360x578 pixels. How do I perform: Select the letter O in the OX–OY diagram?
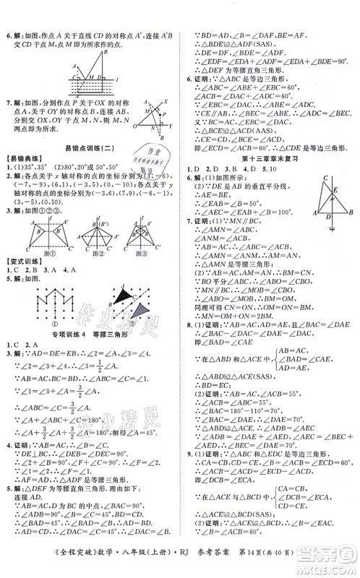(113, 126)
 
